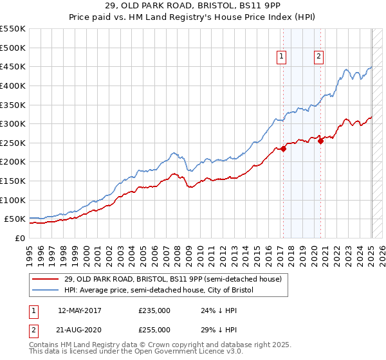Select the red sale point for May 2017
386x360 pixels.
click(x=283, y=149)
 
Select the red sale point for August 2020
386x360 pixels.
click(x=321, y=141)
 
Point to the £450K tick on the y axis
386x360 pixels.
click(x=14, y=66)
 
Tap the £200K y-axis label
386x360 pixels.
click(x=14, y=161)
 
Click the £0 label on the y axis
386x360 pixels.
click(x=20, y=238)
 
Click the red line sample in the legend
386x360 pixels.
click(x=46, y=280)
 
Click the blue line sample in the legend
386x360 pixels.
click(x=46, y=291)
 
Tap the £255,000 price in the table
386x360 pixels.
click(x=154, y=329)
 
